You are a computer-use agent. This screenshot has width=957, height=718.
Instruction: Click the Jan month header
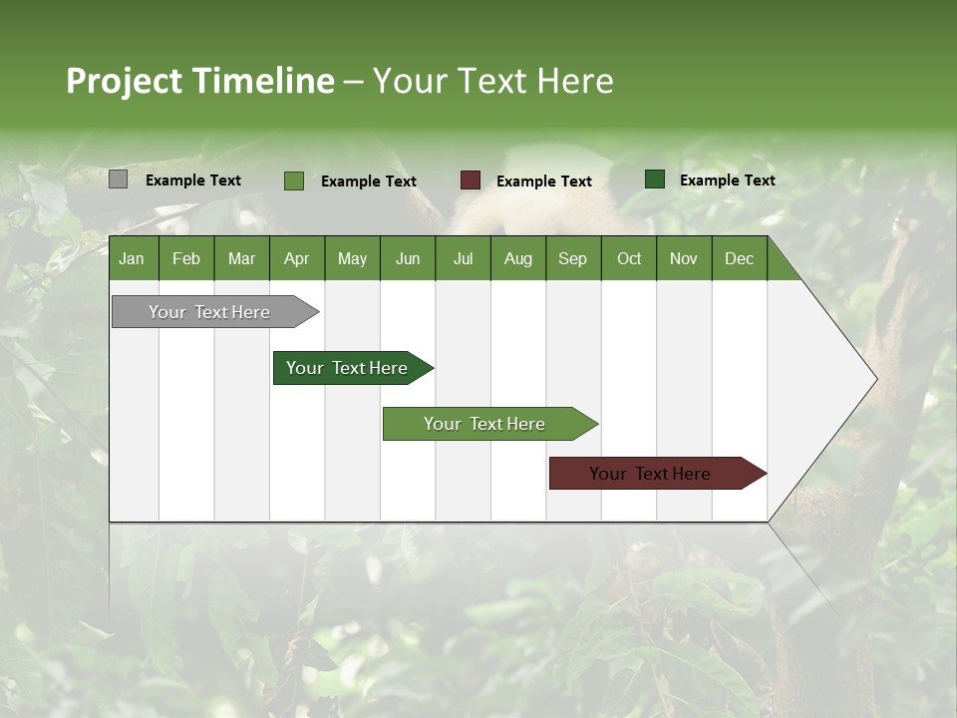(132, 259)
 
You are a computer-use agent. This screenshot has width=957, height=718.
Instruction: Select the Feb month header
(186, 259)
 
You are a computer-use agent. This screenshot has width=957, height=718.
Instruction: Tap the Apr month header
(296, 259)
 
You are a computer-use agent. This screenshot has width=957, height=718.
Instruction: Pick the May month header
(352, 259)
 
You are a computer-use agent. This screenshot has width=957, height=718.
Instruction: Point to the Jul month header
(463, 259)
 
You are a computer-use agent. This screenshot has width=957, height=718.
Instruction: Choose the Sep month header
(572, 259)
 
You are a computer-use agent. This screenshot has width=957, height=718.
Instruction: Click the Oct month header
(629, 259)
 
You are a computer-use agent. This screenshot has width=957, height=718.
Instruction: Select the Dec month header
(739, 259)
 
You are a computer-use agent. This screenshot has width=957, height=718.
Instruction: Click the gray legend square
(118, 179)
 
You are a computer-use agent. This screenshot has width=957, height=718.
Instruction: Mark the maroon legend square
(471, 180)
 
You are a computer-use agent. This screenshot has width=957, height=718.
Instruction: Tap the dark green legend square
(655, 179)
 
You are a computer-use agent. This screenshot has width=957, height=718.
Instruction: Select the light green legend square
(294, 180)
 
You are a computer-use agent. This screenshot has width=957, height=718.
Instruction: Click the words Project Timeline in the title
(199, 81)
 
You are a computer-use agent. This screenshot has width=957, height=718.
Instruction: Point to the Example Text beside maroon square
(543, 181)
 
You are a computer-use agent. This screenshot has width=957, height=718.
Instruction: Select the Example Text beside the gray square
(192, 180)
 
